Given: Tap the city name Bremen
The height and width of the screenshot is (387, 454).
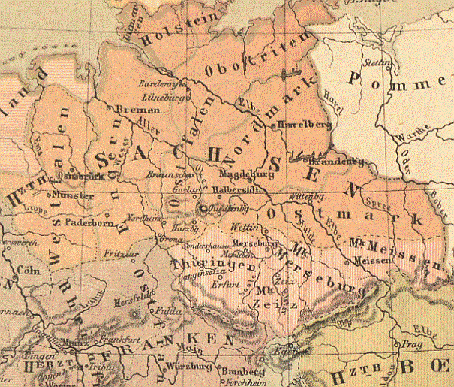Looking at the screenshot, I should click(x=133, y=110).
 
